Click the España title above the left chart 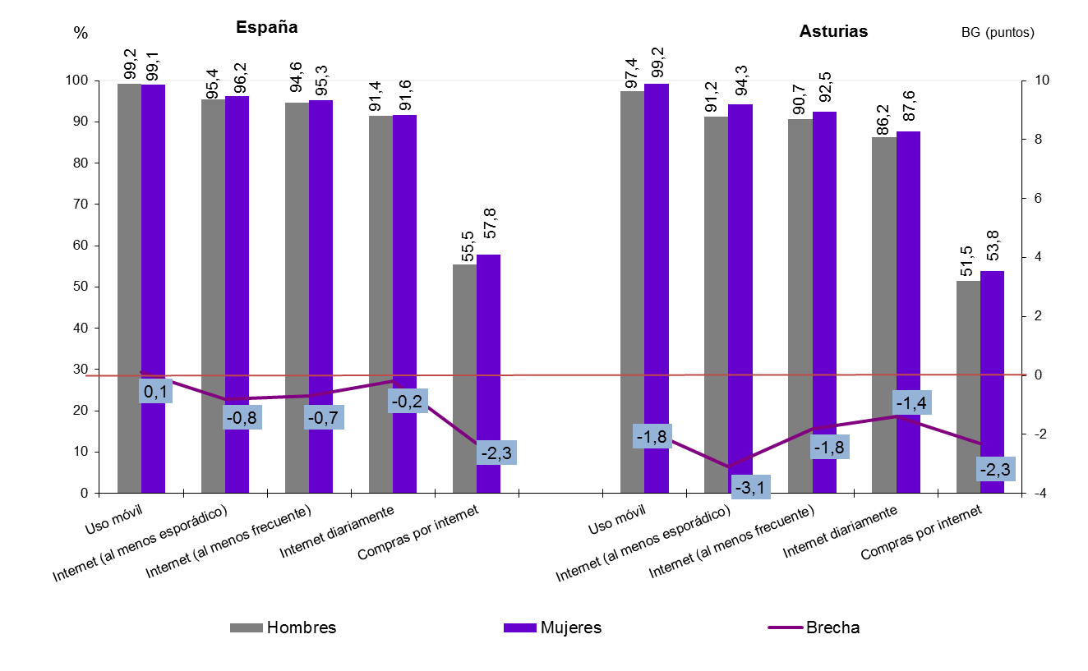(x=266, y=27)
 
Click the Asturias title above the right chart (x=833, y=32)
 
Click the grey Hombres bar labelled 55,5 (x=464, y=378)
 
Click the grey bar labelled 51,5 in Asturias (x=968, y=386)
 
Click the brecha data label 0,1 (x=156, y=393)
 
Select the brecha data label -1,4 (x=912, y=402)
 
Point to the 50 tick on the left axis (x=82, y=287)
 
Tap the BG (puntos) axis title (x=997, y=33)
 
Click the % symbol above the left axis (x=81, y=33)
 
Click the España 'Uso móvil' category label (x=114, y=521)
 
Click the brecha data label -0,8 (x=241, y=417)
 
